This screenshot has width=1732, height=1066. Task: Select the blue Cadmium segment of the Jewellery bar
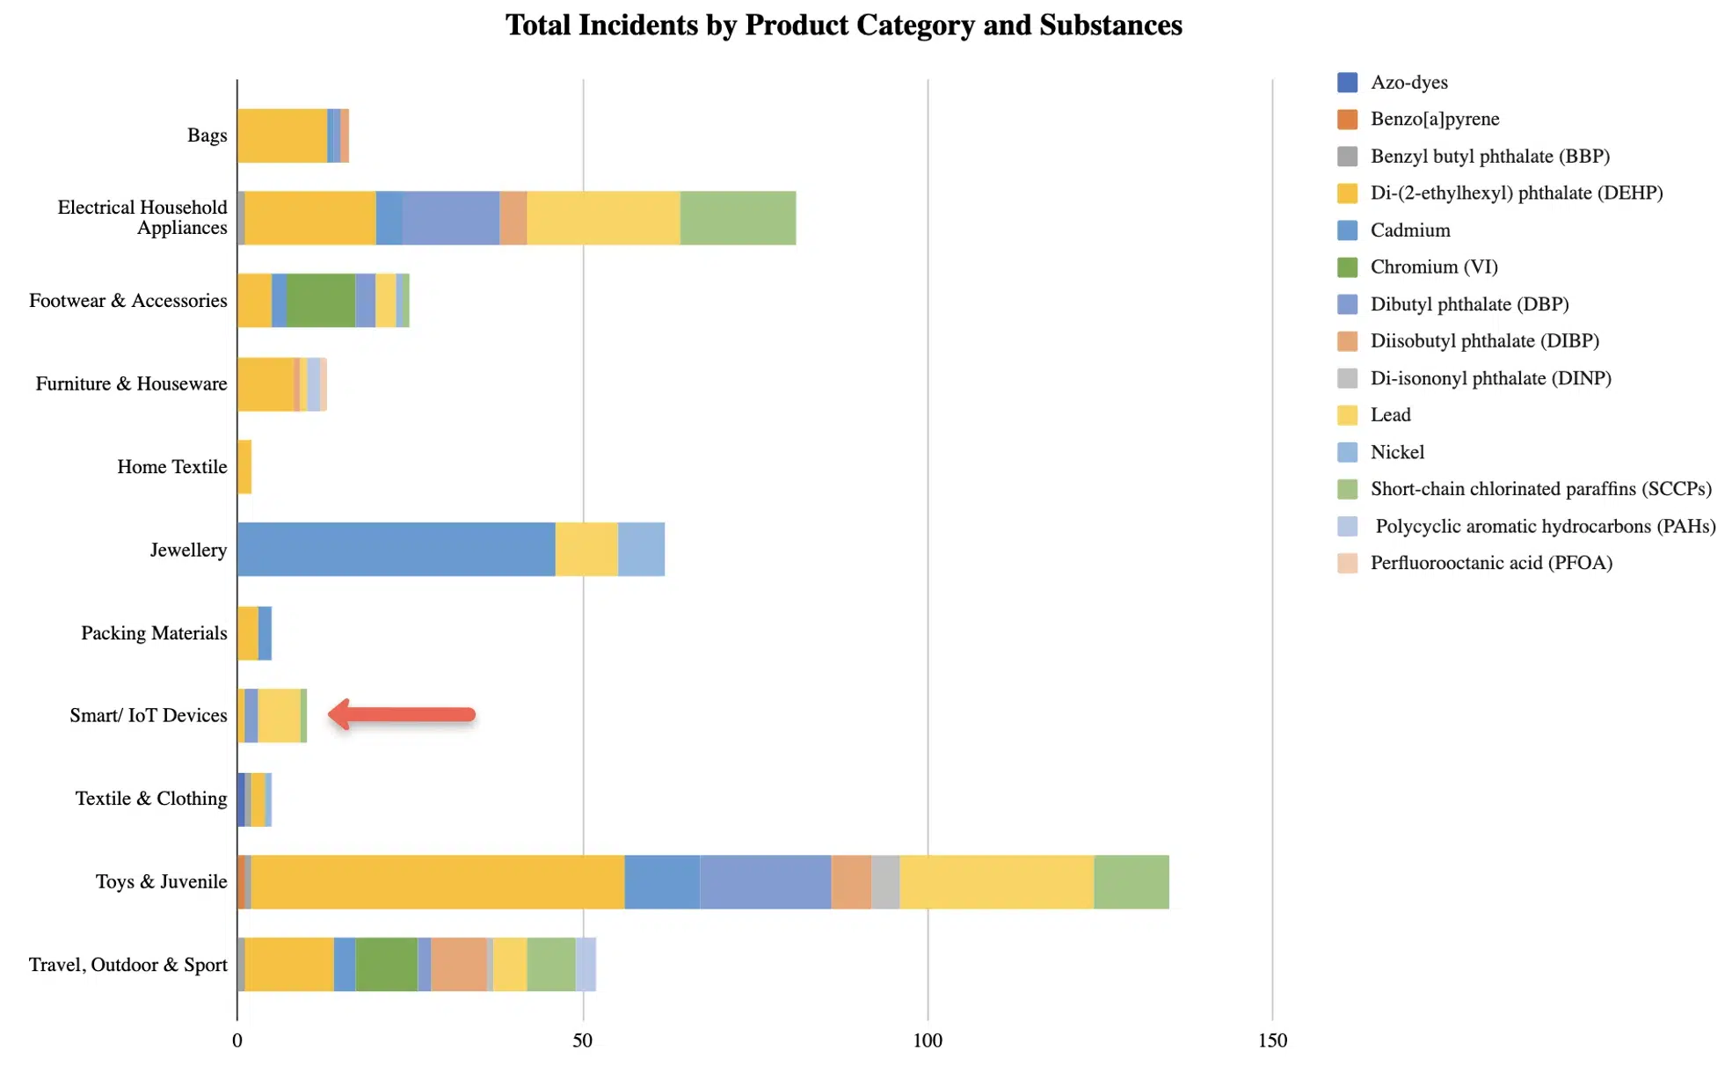pyautogui.click(x=396, y=550)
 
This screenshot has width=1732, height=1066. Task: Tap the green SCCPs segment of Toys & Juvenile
pyautogui.click(x=1131, y=881)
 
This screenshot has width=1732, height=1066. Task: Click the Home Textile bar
pyautogui.click(x=244, y=467)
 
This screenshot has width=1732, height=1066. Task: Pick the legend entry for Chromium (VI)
pyautogui.click(x=1433, y=266)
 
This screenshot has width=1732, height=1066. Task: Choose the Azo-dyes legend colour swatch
pyautogui.click(x=1347, y=83)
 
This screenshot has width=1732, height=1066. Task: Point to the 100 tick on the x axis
pyautogui.click(x=927, y=1040)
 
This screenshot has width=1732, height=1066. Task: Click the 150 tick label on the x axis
pyautogui.click(x=1271, y=1040)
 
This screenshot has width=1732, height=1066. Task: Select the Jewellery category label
pyautogui.click(x=188, y=550)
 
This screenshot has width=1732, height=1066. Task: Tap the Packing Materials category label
pyautogui.click(x=154, y=633)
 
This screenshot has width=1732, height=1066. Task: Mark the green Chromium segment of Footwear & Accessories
pyautogui.click(x=321, y=301)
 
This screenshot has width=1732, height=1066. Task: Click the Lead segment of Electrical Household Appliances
pyautogui.click(x=603, y=218)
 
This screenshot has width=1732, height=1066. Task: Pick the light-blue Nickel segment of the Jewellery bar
pyautogui.click(x=641, y=550)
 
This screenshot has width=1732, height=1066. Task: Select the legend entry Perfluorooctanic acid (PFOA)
pyautogui.click(x=1491, y=563)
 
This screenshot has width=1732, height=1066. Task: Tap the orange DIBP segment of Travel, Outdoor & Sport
pyautogui.click(x=458, y=964)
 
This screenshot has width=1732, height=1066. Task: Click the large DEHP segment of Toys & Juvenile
pyautogui.click(x=437, y=881)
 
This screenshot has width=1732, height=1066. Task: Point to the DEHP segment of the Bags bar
pyautogui.click(x=281, y=135)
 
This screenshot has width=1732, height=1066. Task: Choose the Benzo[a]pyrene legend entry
pyautogui.click(x=1434, y=119)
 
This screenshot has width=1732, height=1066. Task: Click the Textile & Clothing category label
pyautogui.click(x=151, y=799)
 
